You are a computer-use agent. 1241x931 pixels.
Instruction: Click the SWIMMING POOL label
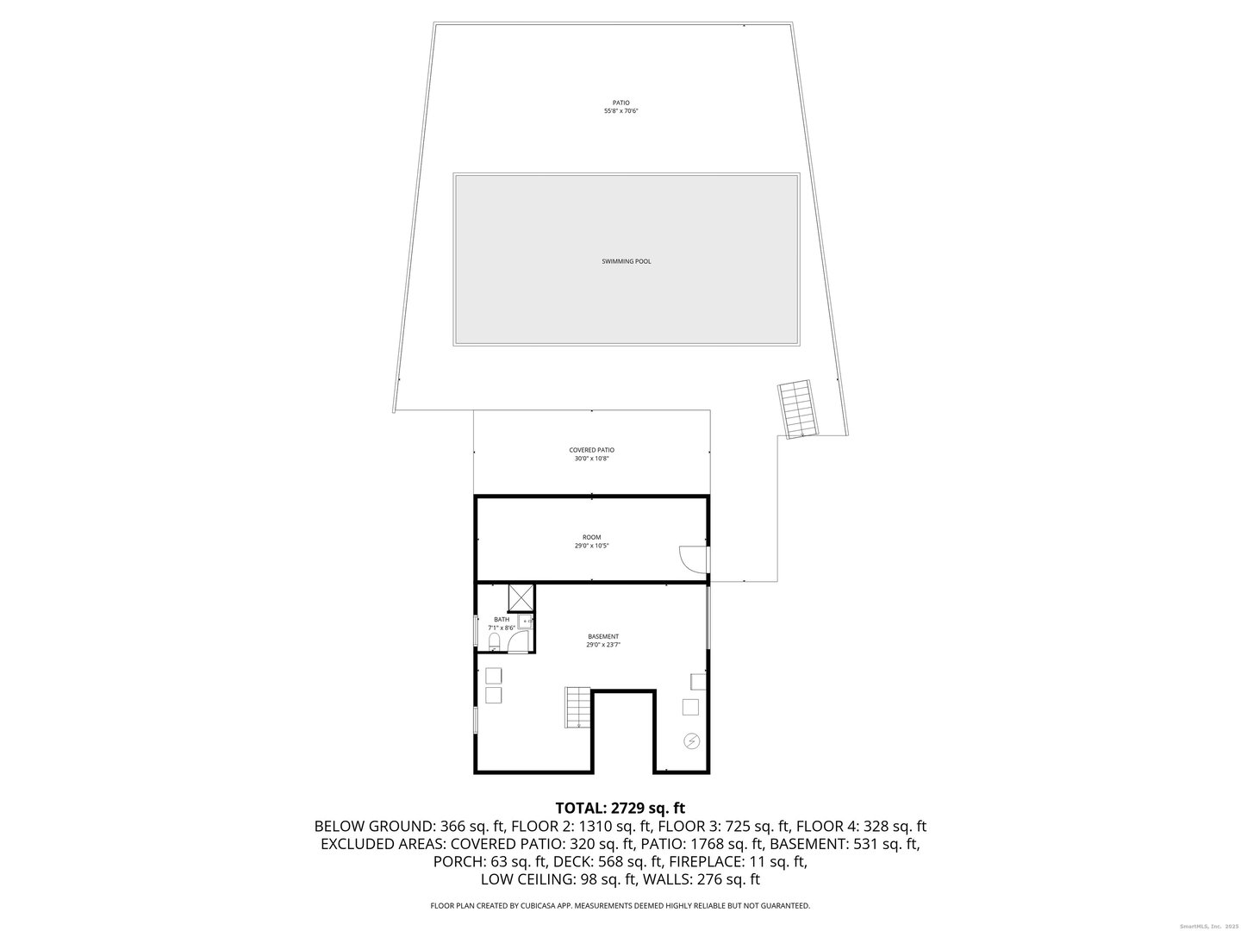(626, 261)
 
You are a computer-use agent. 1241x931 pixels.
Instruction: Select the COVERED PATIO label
(591, 450)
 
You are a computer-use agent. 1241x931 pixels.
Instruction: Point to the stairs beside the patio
(797, 409)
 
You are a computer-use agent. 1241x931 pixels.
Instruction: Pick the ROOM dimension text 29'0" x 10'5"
(591, 546)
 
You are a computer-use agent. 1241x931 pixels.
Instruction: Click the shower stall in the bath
(520, 597)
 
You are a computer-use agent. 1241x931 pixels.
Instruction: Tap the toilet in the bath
(495, 644)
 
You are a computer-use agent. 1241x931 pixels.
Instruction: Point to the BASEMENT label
(603, 636)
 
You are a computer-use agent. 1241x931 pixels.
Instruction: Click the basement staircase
(577, 706)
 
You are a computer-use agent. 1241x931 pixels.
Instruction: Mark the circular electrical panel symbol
(692, 740)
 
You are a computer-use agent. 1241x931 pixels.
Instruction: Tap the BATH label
(502, 619)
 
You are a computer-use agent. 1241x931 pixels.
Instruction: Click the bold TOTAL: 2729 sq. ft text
(620, 809)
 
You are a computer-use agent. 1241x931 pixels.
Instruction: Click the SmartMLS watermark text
(1194, 926)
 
